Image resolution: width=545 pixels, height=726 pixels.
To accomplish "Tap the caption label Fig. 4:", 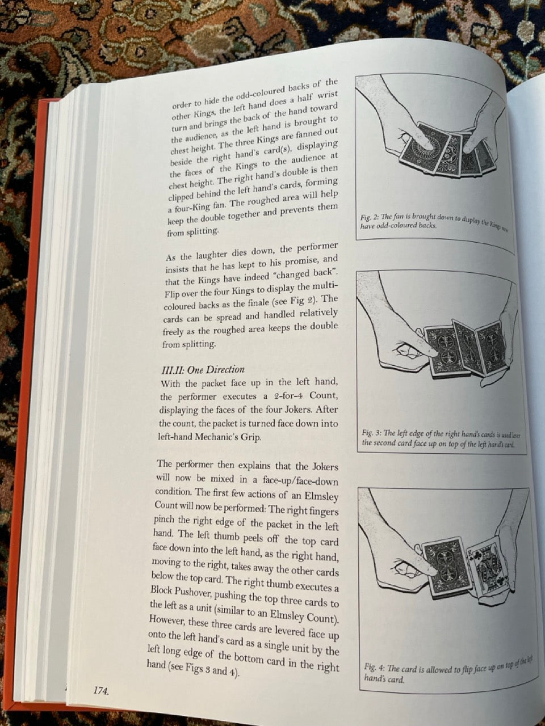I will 375,666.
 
